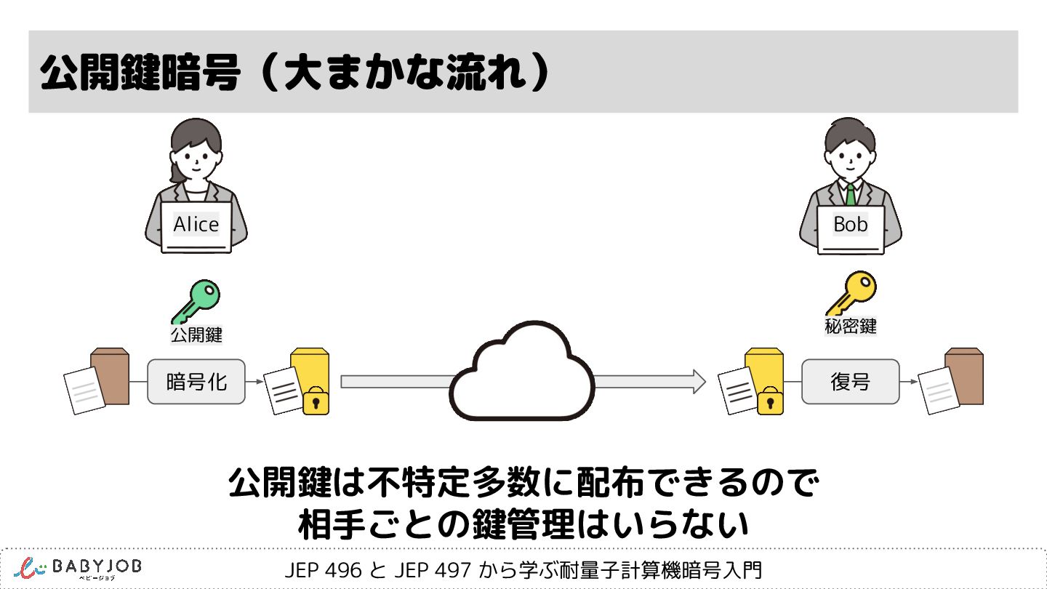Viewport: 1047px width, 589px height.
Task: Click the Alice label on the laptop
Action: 196,225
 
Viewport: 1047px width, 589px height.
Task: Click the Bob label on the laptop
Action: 851,225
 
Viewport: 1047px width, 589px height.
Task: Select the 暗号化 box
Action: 196,382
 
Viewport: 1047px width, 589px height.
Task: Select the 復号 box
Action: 850,382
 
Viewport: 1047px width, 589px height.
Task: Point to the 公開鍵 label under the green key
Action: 196,335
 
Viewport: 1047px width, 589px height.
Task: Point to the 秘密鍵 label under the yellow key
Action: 850,326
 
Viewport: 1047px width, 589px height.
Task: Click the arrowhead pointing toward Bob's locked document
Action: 699,382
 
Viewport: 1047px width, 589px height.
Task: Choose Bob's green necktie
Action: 850,194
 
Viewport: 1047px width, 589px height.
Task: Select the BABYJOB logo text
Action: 97,566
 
